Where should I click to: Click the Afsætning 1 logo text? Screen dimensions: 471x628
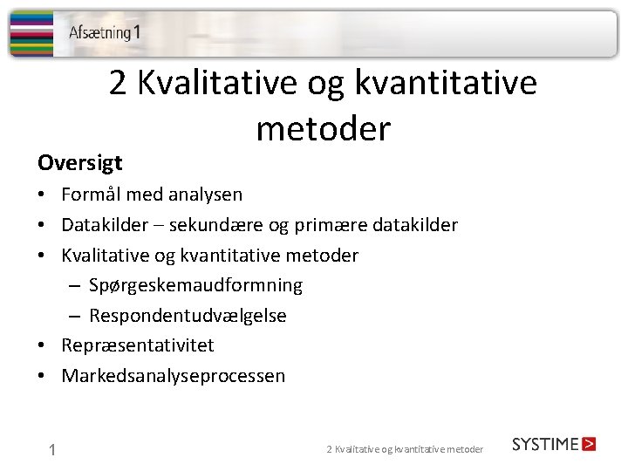[x=104, y=33]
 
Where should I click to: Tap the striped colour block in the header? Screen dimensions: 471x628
[x=31, y=33]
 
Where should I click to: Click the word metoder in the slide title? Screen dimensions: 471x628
[x=323, y=129]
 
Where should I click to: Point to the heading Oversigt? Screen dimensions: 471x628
[x=79, y=163]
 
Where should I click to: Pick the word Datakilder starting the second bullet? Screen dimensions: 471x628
[x=102, y=225]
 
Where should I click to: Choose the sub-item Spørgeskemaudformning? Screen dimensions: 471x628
[x=195, y=285]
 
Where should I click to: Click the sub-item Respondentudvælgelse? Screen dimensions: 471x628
[x=188, y=316]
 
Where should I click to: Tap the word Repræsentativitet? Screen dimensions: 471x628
[x=137, y=345]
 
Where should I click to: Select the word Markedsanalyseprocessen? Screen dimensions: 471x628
[x=173, y=376]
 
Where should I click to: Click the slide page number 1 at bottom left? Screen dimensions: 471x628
[x=53, y=450]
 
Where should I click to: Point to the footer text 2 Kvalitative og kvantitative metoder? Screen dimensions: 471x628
[x=404, y=449]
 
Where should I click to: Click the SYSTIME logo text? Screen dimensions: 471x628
[x=545, y=444]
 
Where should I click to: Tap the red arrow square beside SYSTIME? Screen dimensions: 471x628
[x=589, y=444]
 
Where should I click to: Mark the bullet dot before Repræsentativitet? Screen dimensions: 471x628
[x=43, y=346]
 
